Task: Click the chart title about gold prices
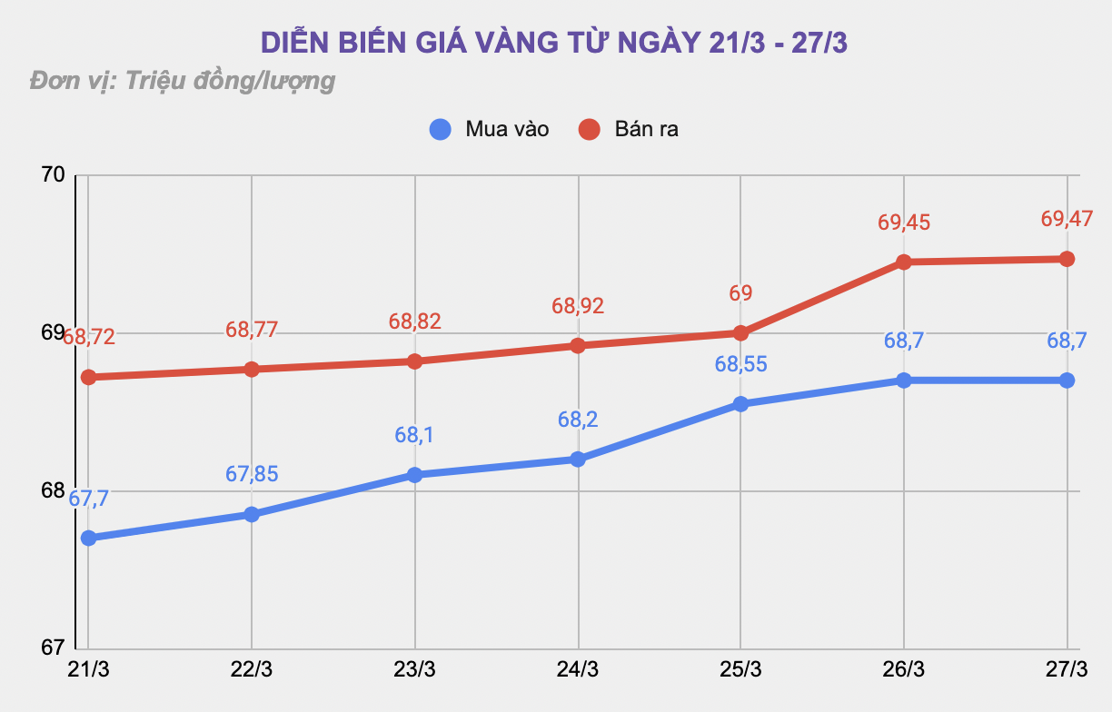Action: point(554,43)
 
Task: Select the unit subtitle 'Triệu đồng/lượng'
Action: point(182,81)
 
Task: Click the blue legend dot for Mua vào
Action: point(441,129)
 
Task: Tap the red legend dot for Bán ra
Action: point(590,129)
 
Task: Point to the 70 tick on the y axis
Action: point(53,174)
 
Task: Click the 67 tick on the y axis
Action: point(53,648)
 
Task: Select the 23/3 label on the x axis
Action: point(415,669)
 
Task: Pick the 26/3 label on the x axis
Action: point(904,669)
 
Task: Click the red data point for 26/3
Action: point(904,262)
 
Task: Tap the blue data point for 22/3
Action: point(252,514)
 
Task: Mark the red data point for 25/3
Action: point(740,332)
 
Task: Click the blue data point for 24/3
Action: point(578,460)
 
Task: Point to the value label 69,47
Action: point(1067,219)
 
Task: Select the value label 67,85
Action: point(252,474)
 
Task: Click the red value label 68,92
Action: point(578,306)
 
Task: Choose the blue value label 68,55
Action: point(740,364)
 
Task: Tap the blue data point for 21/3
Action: point(89,538)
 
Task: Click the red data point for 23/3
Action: point(415,361)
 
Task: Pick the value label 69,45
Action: point(904,222)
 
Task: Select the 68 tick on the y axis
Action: point(53,491)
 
